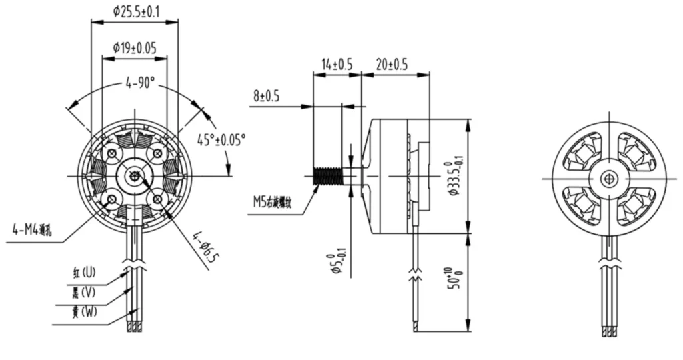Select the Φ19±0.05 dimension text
pyautogui.click(x=135, y=47)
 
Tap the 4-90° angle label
pyautogui.click(x=141, y=83)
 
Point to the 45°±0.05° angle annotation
pyautogui.click(x=221, y=139)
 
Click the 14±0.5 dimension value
pyautogui.click(x=336, y=64)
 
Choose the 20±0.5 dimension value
pyautogui.click(x=392, y=64)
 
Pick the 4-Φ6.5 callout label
pyautogui.click(x=205, y=247)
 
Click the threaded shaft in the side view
pyautogui.click(x=326, y=176)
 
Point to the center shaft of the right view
pyautogui.click(x=608, y=178)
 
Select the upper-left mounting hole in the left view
pyautogui.click(x=113, y=154)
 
